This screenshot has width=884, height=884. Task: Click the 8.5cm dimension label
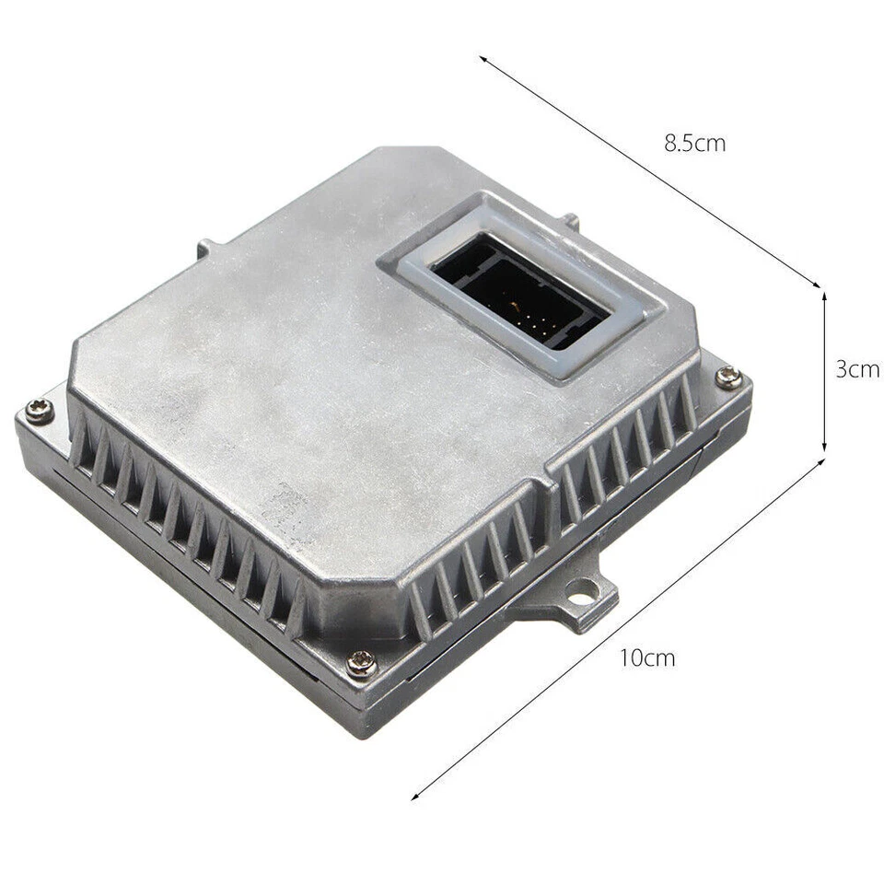click(x=694, y=144)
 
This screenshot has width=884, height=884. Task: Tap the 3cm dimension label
click(x=858, y=369)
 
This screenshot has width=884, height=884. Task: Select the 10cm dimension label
click(x=647, y=657)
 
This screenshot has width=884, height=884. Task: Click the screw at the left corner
click(x=40, y=410)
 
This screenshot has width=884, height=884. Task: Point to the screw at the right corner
click(x=728, y=377)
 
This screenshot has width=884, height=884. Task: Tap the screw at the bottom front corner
click(x=361, y=664)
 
